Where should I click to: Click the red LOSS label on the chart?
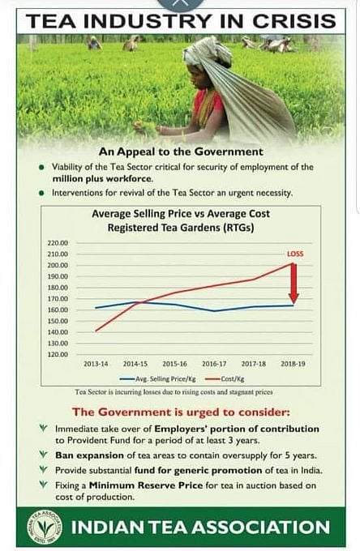[294, 254]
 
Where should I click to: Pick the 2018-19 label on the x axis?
[294, 364]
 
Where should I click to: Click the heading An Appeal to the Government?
[180, 152]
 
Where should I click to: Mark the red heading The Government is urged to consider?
[180, 411]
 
